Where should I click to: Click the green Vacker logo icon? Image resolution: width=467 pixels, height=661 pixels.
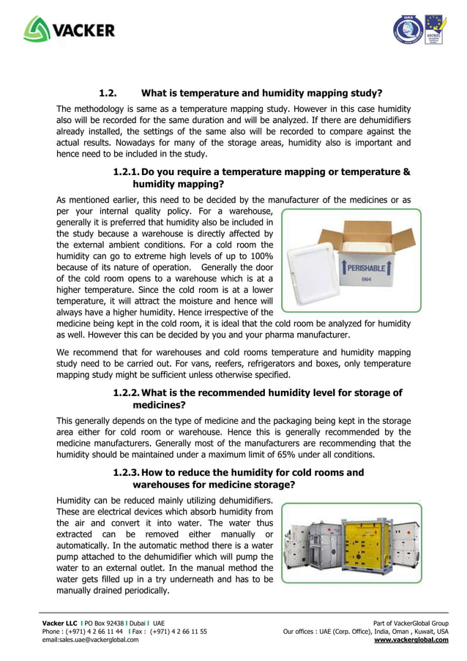coord(37,29)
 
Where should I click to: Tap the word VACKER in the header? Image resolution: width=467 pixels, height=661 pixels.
coord(83,31)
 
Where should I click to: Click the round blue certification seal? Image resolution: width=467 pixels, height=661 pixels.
coord(407,31)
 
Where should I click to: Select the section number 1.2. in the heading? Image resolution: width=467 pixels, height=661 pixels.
coord(108,93)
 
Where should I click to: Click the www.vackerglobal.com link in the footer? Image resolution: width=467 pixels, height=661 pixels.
coord(411,639)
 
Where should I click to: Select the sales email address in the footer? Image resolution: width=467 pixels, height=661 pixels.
coord(90,639)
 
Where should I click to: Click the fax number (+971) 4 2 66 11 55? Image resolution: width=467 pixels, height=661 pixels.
coord(178,631)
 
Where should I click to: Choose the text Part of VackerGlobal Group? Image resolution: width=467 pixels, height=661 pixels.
coord(411,622)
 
